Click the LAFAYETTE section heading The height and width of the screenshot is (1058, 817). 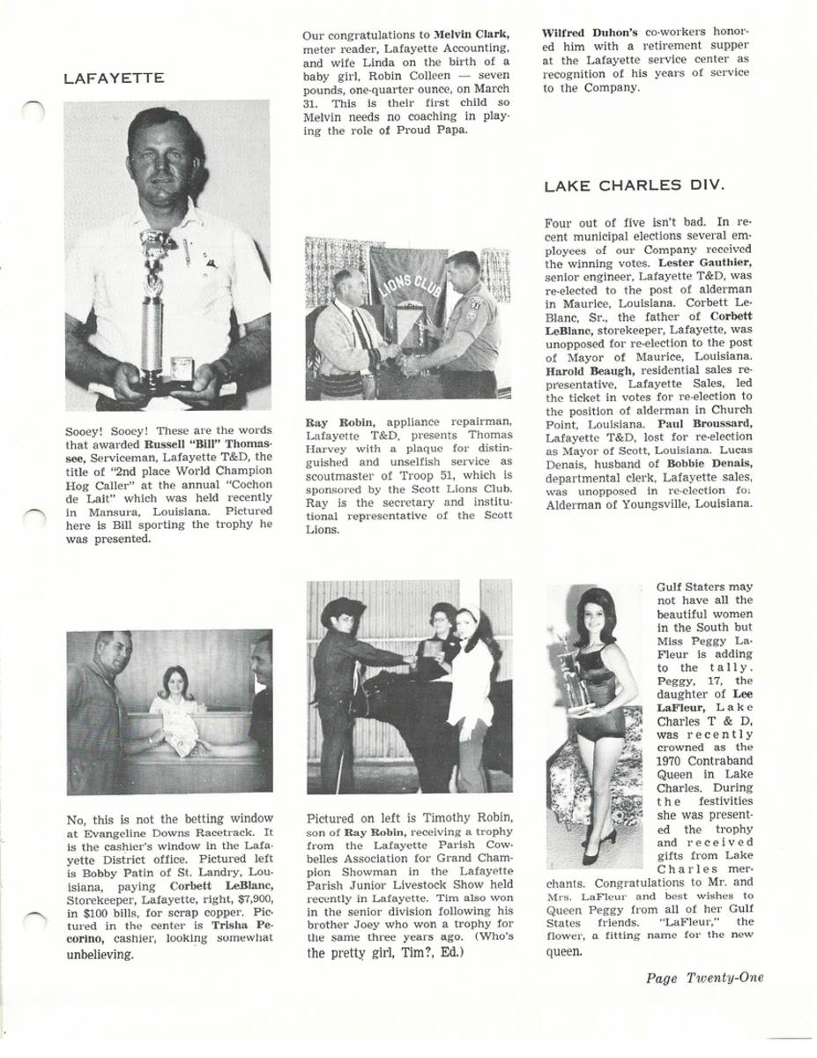tap(114, 78)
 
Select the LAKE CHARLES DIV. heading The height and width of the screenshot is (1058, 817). tap(634, 185)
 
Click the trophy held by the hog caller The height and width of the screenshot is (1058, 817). tap(155, 309)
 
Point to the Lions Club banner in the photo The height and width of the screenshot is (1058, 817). tap(408, 291)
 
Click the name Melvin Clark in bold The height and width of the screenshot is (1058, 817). tap(472, 34)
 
